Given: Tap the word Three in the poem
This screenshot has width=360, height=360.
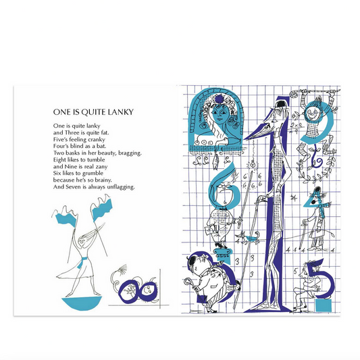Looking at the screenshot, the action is [x=72, y=132].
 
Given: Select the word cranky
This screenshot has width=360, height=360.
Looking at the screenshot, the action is [x=95, y=140].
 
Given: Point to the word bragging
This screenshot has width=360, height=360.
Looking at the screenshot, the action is [x=130, y=153].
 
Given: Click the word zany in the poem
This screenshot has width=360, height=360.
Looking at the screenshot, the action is [x=101, y=167].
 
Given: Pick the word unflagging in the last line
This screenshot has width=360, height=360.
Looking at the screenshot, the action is [x=121, y=187].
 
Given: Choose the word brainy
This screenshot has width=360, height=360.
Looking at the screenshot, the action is [x=103, y=180].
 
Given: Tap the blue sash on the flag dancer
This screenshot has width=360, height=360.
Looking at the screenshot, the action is [x=82, y=261].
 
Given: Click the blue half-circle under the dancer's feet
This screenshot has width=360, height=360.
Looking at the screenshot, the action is [x=82, y=303].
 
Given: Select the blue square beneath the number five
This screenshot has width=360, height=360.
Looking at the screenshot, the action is [x=324, y=305].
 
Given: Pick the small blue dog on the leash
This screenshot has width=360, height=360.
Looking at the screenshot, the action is [x=250, y=238].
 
